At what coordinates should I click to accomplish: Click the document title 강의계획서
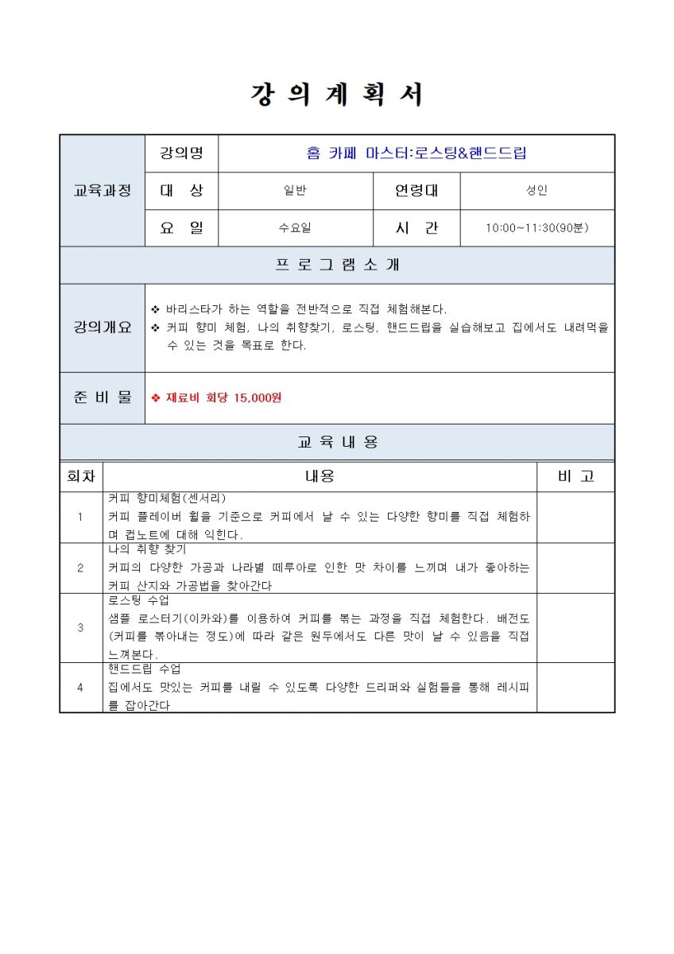pos(337,95)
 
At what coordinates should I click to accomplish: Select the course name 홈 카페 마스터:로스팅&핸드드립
pos(416,153)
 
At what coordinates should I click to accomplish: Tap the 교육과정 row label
pos(103,191)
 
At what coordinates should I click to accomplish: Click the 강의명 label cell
pos(181,153)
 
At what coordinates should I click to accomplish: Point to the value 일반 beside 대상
pos(295,191)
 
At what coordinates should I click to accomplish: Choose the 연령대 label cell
pos(416,191)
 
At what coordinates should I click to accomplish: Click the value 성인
pos(536,191)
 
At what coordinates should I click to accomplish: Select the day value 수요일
pos(295,228)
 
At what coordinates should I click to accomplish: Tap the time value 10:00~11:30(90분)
pos(536,228)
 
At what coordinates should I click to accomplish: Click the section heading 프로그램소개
pos(337,266)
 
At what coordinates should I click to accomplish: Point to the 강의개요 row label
pos(103,328)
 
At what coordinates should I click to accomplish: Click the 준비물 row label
pos(103,397)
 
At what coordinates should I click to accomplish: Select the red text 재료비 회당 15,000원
pos(223,397)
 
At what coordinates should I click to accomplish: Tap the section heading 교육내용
pos(337,442)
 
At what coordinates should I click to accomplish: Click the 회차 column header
pos(81,476)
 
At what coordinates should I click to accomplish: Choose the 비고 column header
pos(575,476)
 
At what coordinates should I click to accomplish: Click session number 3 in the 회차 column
pos(80,627)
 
